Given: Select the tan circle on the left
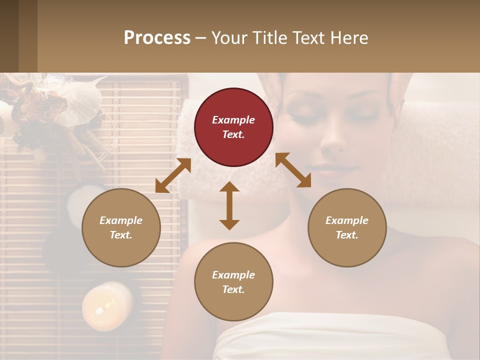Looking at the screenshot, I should pos(121,227).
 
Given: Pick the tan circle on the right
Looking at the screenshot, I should pos(347,227).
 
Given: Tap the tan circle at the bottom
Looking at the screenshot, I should pos(233,281).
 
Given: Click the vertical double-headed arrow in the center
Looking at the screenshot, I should pos(229,205).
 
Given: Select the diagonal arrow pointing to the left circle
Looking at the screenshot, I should pos(173,175).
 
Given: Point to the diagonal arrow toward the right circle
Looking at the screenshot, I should pos(293,170).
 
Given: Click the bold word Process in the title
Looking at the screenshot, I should pos(157,37).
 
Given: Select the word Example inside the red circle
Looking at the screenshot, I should pos(233,120).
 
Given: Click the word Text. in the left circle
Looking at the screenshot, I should pos(121,235).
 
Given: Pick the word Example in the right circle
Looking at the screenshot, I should pos(347,220).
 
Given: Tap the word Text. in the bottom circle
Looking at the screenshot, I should pos(233,289).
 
